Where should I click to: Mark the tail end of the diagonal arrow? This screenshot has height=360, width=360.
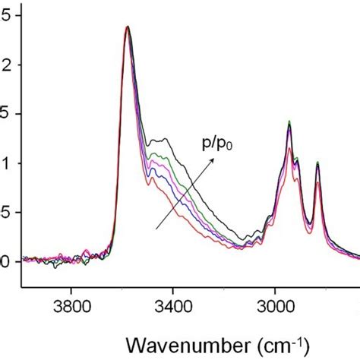(156, 227)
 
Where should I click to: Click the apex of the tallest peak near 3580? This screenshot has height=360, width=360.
(127, 27)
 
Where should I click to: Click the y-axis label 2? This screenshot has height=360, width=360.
(8, 65)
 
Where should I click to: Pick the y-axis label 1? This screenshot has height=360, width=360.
(8, 163)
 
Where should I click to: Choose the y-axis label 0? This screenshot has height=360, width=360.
(8, 262)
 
